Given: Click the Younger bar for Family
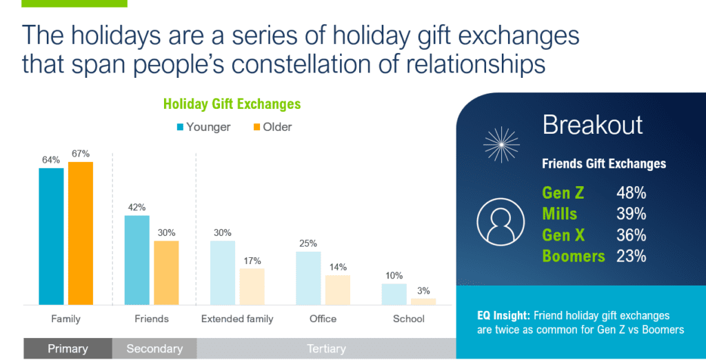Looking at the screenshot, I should (x=51, y=236).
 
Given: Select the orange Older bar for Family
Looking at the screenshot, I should (x=81, y=233).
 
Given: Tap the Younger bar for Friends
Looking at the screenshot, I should (x=137, y=260).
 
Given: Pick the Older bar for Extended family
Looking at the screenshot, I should (x=252, y=286).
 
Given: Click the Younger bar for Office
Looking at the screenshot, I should (x=308, y=278).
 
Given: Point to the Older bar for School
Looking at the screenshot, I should (x=423, y=301).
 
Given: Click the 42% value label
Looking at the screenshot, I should (x=137, y=208).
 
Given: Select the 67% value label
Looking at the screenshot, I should (x=81, y=153).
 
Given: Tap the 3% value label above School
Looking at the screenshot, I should (x=423, y=290).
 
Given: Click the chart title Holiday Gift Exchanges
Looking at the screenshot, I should (x=232, y=105).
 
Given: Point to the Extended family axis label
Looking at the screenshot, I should (x=237, y=319).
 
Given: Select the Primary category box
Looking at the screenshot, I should (x=68, y=348).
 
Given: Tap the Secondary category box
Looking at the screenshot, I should (x=154, y=348).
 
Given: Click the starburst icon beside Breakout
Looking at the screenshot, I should (x=501, y=143).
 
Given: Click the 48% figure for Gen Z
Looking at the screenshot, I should (x=631, y=194).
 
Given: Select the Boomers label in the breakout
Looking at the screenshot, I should (x=573, y=256).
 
